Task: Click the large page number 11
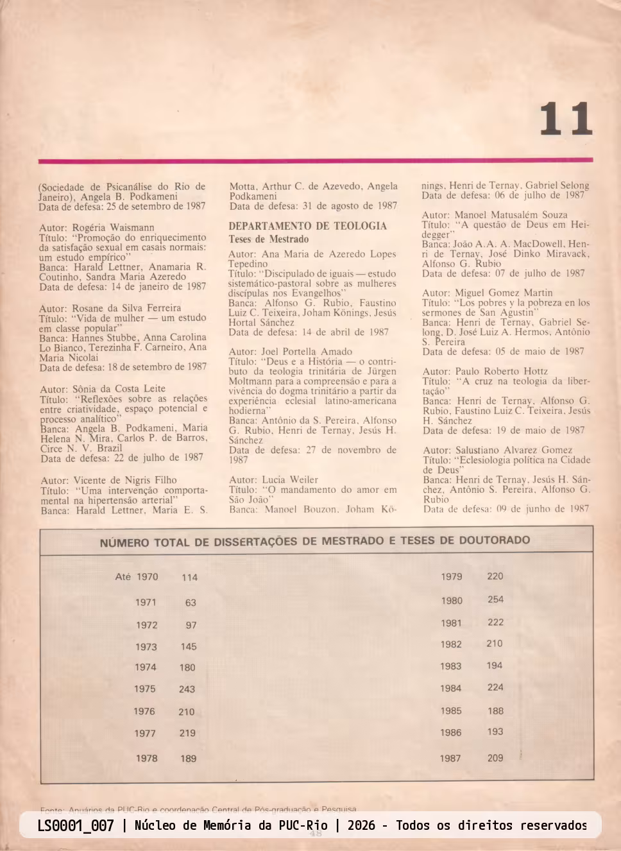pyautogui.click(x=565, y=119)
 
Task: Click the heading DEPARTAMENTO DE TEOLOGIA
pyautogui.click(x=307, y=226)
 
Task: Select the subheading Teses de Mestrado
pyautogui.click(x=268, y=239)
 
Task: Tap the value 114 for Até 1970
pyautogui.click(x=189, y=578)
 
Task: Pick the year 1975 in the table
pyautogui.click(x=144, y=689)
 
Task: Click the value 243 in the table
pyautogui.click(x=187, y=689)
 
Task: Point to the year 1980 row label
pyautogui.click(x=451, y=601)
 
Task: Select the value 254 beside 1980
pyautogui.click(x=495, y=599)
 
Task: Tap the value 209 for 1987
pyautogui.click(x=495, y=758)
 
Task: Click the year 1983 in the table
pyautogui.click(x=450, y=666)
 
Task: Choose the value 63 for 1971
pyautogui.click(x=191, y=603)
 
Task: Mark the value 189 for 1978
pyautogui.click(x=188, y=759)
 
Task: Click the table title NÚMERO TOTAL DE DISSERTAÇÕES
pyautogui.click(x=314, y=542)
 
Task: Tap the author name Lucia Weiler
pyautogui.click(x=289, y=479)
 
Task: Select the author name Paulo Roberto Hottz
pyautogui.click(x=501, y=371)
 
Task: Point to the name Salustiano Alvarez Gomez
pyautogui.click(x=513, y=450)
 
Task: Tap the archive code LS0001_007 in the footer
pyautogui.click(x=75, y=825)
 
